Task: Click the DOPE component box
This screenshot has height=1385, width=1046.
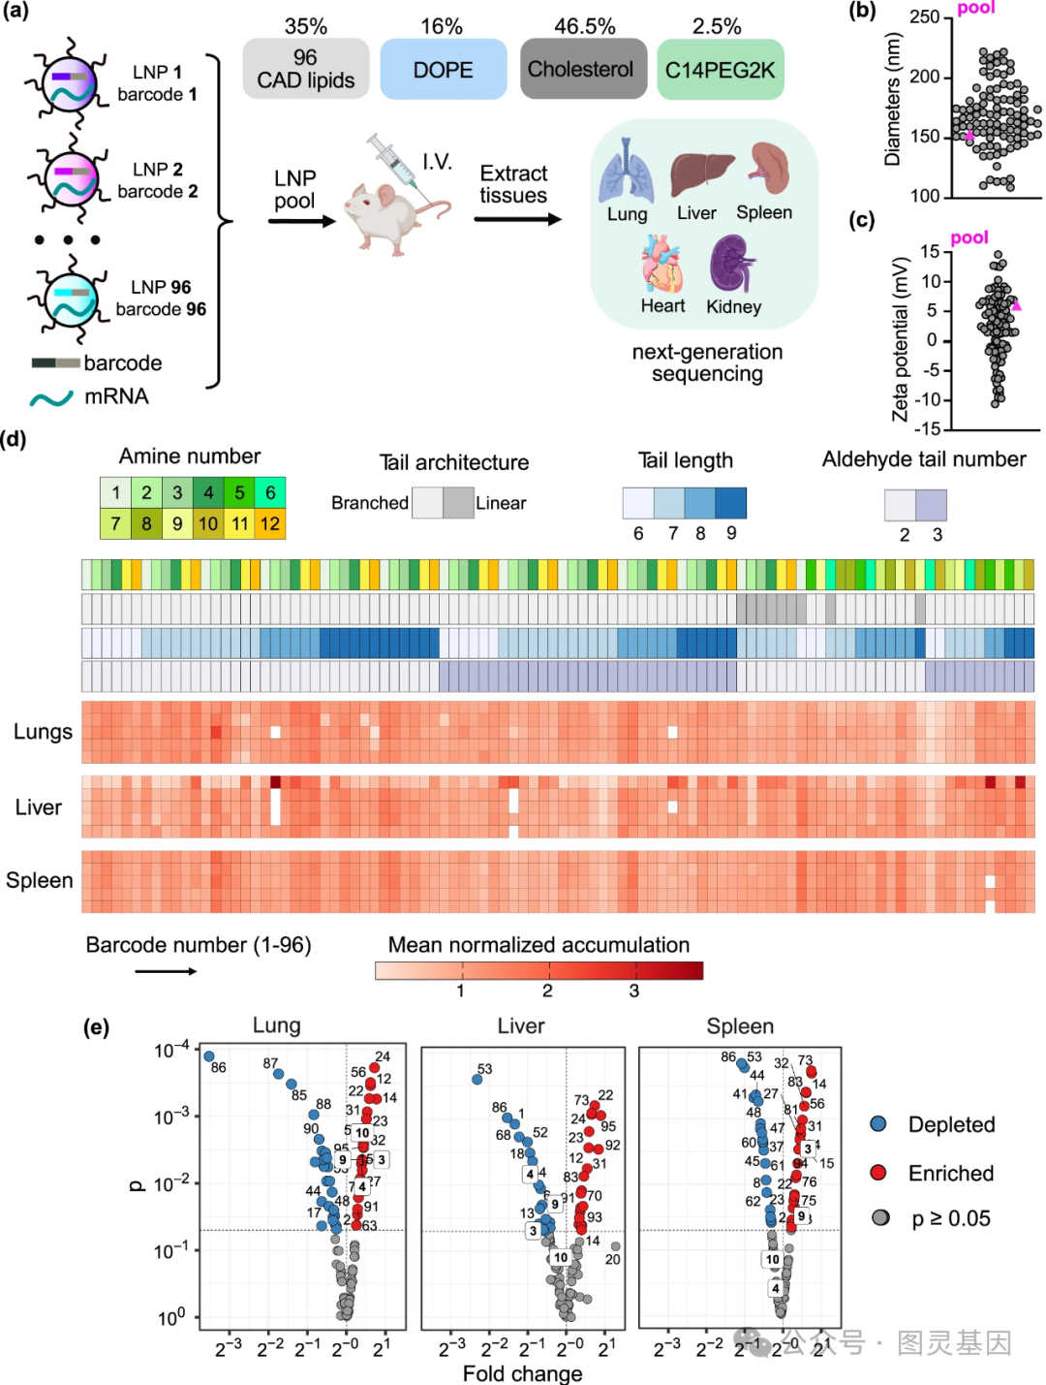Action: pyautogui.click(x=443, y=69)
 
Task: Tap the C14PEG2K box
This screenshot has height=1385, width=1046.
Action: pyautogui.click(x=720, y=69)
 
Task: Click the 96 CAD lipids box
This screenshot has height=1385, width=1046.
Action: pyautogui.click(x=305, y=69)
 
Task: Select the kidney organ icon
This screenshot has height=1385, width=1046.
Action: pyautogui.click(x=732, y=265)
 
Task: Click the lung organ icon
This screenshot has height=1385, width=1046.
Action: pyautogui.click(x=627, y=173)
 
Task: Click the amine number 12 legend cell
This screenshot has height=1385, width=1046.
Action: pyautogui.click(x=270, y=524)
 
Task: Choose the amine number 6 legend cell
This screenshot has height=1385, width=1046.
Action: pyautogui.click(x=270, y=492)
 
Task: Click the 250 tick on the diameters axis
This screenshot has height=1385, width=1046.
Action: pyautogui.click(x=925, y=17)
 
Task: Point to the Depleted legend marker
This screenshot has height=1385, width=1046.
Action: pyautogui.click(x=878, y=1124)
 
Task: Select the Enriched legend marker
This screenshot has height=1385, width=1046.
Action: pyautogui.click(x=878, y=1173)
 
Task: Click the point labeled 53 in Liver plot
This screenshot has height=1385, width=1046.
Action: pyautogui.click(x=477, y=1080)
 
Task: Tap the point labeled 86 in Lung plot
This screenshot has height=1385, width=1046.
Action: pyautogui.click(x=208, y=1056)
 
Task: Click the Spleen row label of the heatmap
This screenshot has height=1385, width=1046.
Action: pyautogui.click(x=40, y=880)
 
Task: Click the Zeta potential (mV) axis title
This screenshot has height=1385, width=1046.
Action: pyautogui.click(x=901, y=339)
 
